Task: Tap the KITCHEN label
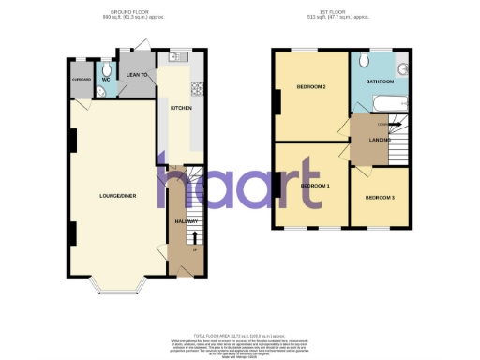[181, 108]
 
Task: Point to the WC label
[106, 80]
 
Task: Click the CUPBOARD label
[80, 80]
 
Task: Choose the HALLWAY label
[185, 221]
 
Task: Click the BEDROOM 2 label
[311, 87]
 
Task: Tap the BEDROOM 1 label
[315, 185]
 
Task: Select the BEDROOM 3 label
[380, 198]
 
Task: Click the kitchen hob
[198, 90]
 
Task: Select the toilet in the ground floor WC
[107, 68]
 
